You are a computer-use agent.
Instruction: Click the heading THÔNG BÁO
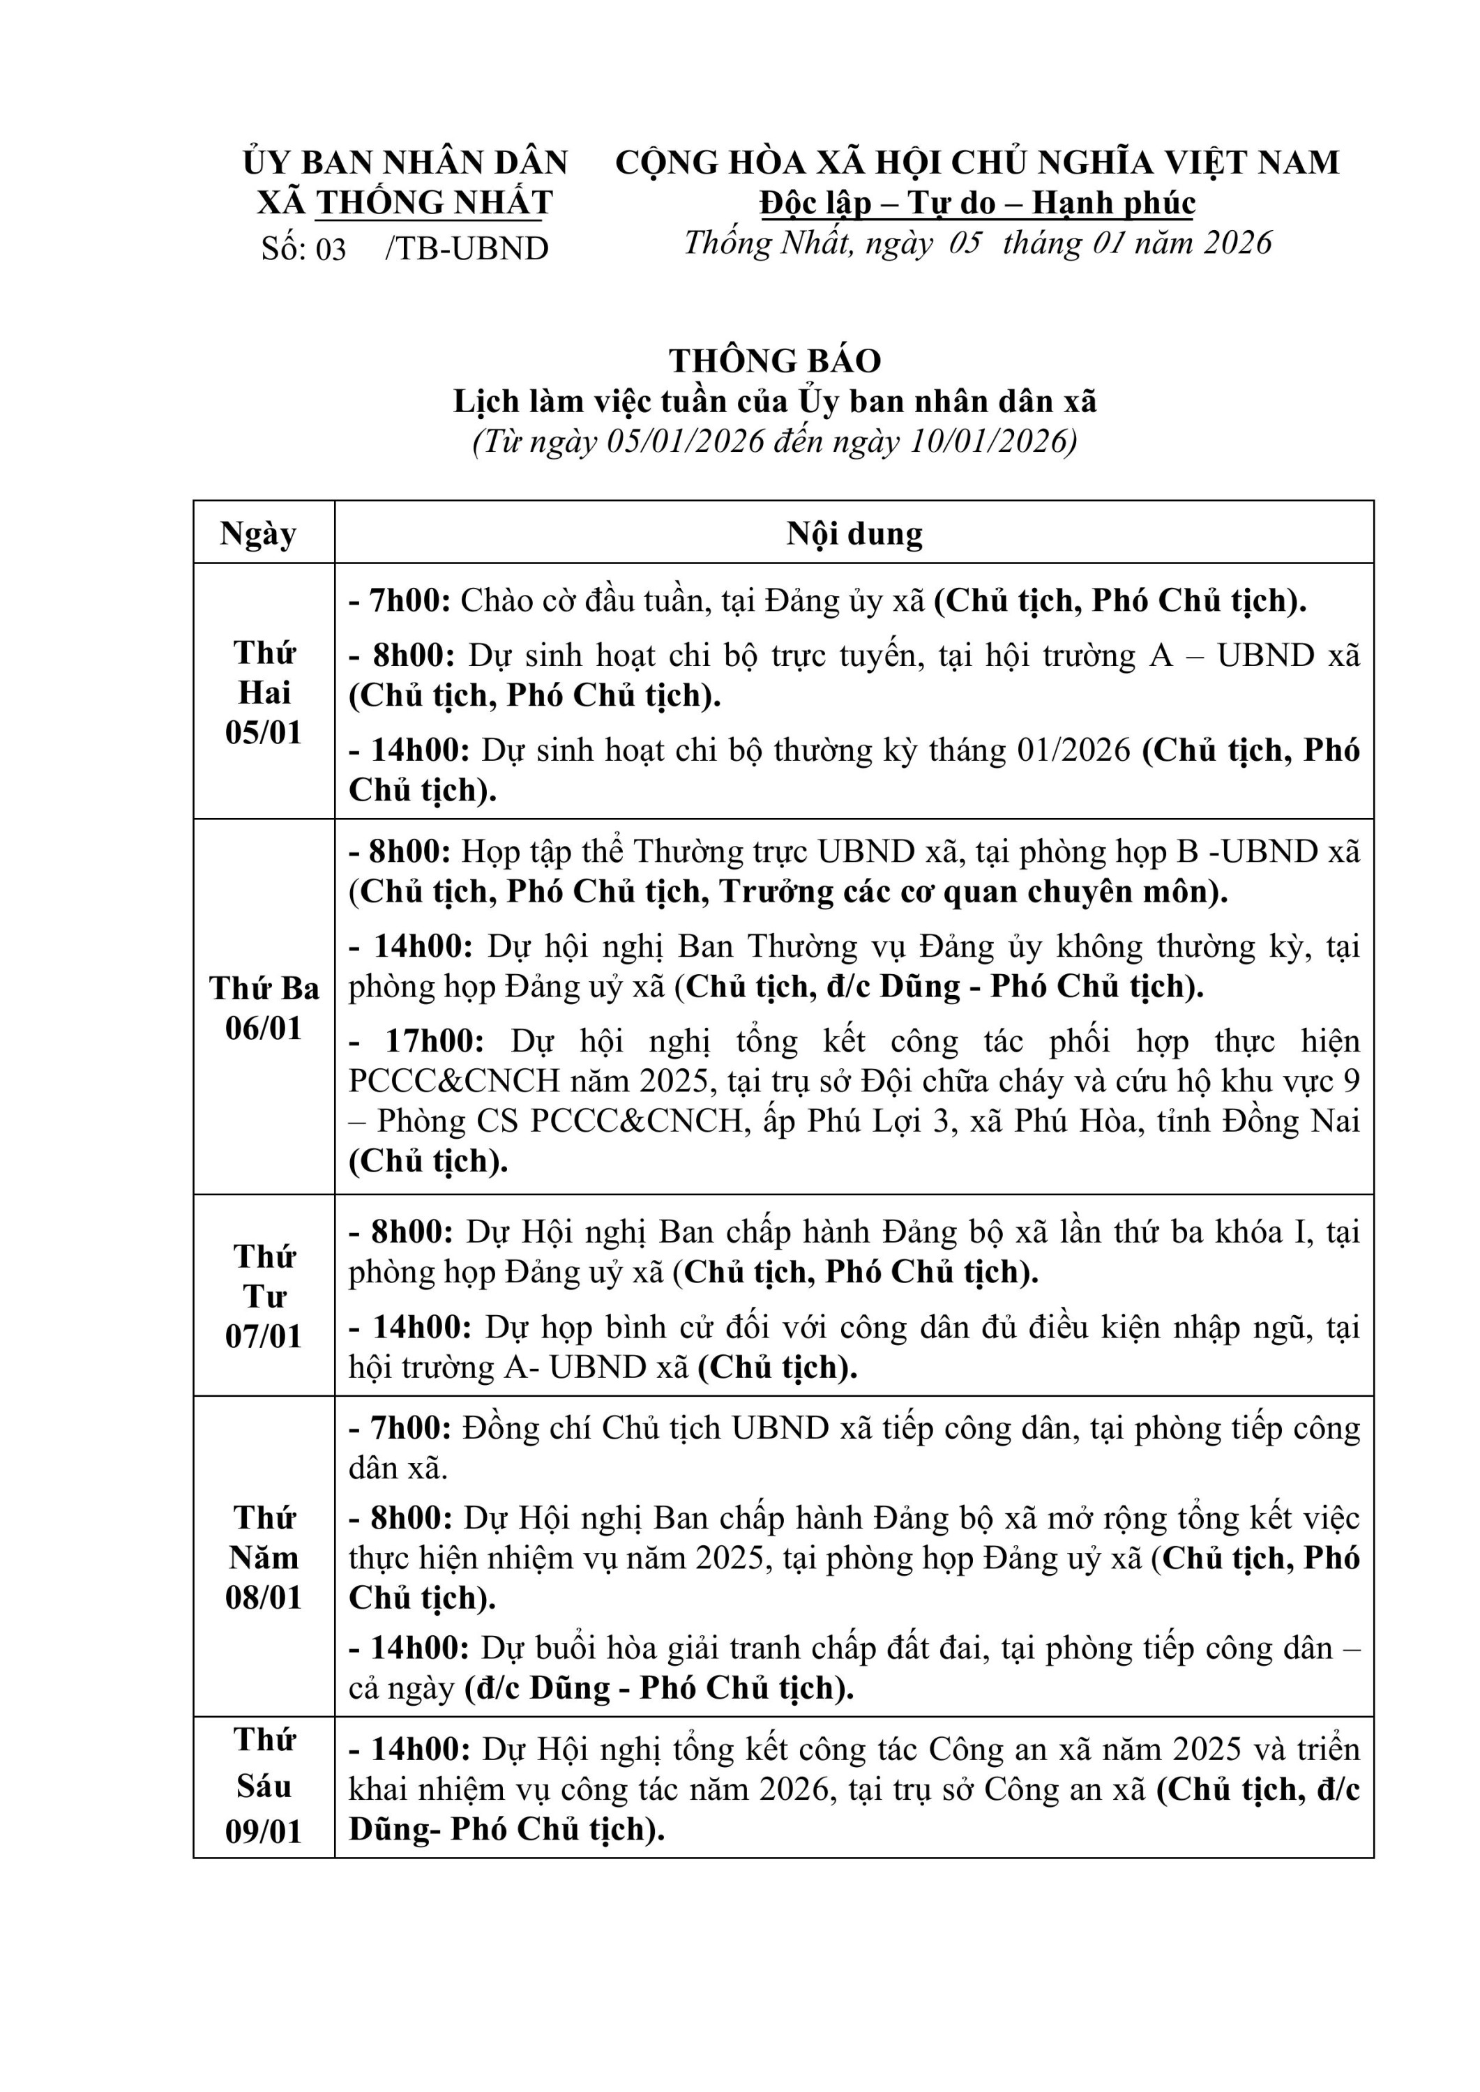(x=775, y=361)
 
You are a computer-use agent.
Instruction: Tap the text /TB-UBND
(x=467, y=249)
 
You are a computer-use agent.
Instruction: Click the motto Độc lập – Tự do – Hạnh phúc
(x=977, y=202)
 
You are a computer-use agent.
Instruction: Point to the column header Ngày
(x=259, y=533)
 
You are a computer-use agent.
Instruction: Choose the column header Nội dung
(x=854, y=533)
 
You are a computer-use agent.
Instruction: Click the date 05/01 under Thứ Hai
(x=264, y=733)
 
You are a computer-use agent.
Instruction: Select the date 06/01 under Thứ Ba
(x=264, y=1028)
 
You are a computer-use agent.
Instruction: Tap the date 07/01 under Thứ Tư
(x=264, y=1336)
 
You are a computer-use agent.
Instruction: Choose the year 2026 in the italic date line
(x=1237, y=243)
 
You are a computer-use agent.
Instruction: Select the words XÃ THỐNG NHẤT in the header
(x=405, y=202)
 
